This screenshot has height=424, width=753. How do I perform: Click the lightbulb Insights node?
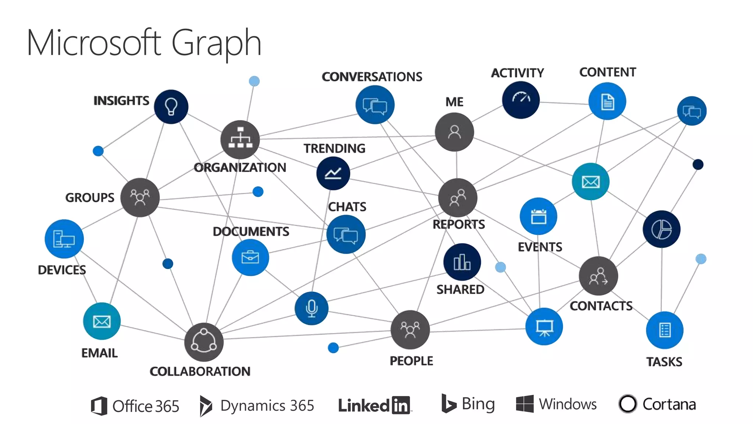tap(171, 107)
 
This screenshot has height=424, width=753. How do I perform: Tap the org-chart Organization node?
tap(240, 140)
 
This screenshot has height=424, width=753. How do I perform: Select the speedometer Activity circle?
tap(521, 100)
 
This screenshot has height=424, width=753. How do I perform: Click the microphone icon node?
tap(311, 308)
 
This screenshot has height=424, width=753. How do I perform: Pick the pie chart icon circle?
tap(661, 229)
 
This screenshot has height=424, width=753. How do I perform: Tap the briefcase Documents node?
tap(250, 257)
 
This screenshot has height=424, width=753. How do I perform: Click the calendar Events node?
tap(538, 216)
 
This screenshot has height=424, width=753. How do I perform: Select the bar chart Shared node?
tap(462, 262)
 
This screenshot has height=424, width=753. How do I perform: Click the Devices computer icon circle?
tap(64, 239)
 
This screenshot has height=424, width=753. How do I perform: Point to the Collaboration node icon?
tap(204, 342)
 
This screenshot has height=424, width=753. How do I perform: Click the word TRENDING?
tap(334, 148)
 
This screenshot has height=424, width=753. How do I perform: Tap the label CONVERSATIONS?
tap(372, 77)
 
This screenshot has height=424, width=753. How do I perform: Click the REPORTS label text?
tap(458, 224)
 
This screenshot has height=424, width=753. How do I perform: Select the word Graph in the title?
tap(216, 43)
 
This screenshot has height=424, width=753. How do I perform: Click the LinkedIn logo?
tap(374, 405)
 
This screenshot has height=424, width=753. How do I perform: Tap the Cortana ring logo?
tap(628, 404)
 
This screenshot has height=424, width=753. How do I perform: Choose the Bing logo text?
tap(478, 404)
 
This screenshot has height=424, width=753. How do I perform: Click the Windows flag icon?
tap(524, 404)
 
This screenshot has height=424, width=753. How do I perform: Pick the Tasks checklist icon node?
tap(664, 330)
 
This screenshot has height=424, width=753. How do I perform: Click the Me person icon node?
tap(454, 132)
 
